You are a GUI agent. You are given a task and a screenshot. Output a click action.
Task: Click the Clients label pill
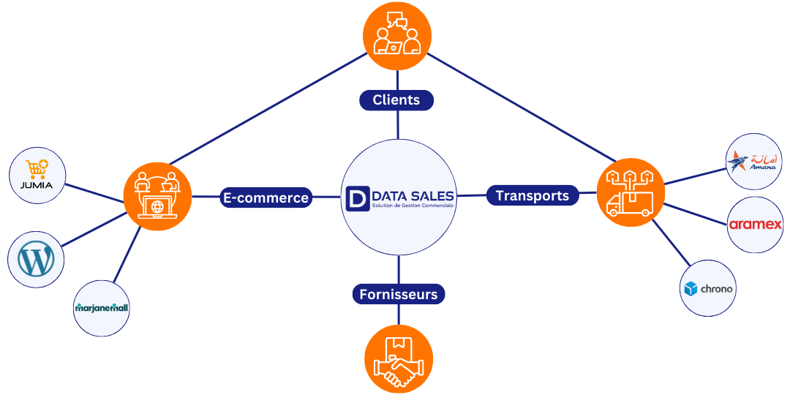click(x=396, y=100)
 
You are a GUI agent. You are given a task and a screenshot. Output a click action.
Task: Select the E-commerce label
click(x=266, y=197)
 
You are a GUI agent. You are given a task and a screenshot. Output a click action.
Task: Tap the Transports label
click(x=532, y=195)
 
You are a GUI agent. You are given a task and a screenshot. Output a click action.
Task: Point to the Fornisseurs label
click(x=398, y=294)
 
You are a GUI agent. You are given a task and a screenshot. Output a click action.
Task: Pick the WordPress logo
click(x=36, y=260)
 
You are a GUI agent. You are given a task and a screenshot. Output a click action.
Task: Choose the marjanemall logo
click(x=102, y=308)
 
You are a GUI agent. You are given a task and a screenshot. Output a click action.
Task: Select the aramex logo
click(x=756, y=225)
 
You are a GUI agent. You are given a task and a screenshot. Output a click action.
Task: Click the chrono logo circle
click(x=707, y=288)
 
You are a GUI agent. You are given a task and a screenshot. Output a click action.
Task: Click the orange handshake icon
click(x=398, y=359)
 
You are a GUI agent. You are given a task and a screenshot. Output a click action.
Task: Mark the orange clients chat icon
click(x=397, y=35)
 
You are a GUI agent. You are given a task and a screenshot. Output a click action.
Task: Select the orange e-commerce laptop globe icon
click(x=157, y=197)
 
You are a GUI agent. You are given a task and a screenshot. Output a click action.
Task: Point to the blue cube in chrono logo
click(x=691, y=289)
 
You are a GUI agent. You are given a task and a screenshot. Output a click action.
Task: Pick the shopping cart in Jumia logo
click(x=36, y=168)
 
